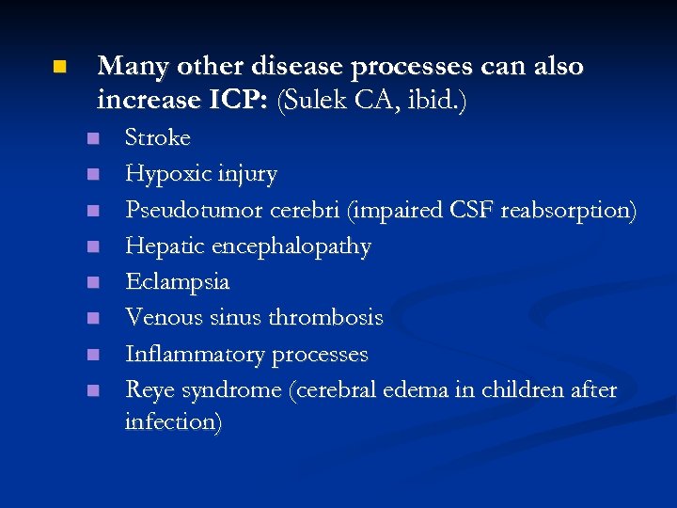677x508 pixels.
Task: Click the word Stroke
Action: pyautogui.click(x=158, y=138)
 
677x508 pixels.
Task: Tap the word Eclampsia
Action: pyautogui.click(x=178, y=282)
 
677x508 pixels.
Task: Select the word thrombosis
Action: pyautogui.click(x=327, y=318)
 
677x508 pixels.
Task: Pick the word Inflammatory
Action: pyautogui.click(x=196, y=355)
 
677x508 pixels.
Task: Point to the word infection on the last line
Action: pyautogui.click(x=173, y=422)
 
